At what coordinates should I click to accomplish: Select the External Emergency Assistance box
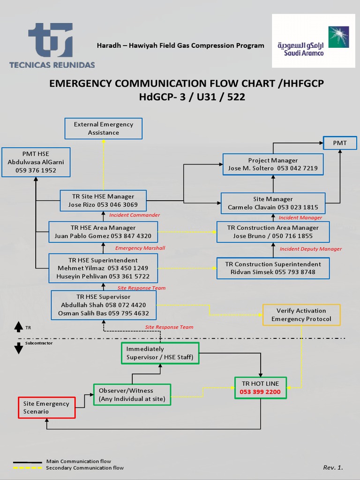coord(103,128)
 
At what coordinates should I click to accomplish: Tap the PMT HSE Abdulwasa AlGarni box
coord(36,162)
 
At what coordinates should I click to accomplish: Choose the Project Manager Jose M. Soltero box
coord(273,165)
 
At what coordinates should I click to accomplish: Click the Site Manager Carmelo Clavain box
coord(273,203)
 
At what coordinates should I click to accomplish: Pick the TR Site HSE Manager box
coord(103,201)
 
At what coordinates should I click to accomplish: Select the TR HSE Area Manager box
coord(103,232)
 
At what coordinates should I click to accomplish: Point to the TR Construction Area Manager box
coord(273,232)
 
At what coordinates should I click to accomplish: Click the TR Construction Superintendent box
coord(273,268)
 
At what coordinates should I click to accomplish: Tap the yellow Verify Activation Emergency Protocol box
coord(301,315)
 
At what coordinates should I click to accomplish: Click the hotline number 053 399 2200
coord(260,392)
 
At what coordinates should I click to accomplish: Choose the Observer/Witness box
coord(132,395)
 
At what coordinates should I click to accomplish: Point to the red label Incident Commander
coord(135,215)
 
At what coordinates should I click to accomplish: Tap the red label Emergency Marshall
coord(140,248)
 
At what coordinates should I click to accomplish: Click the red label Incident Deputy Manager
coord(310,249)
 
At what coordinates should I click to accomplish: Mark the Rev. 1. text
coord(333,467)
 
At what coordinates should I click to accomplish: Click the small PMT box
coord(340,143)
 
